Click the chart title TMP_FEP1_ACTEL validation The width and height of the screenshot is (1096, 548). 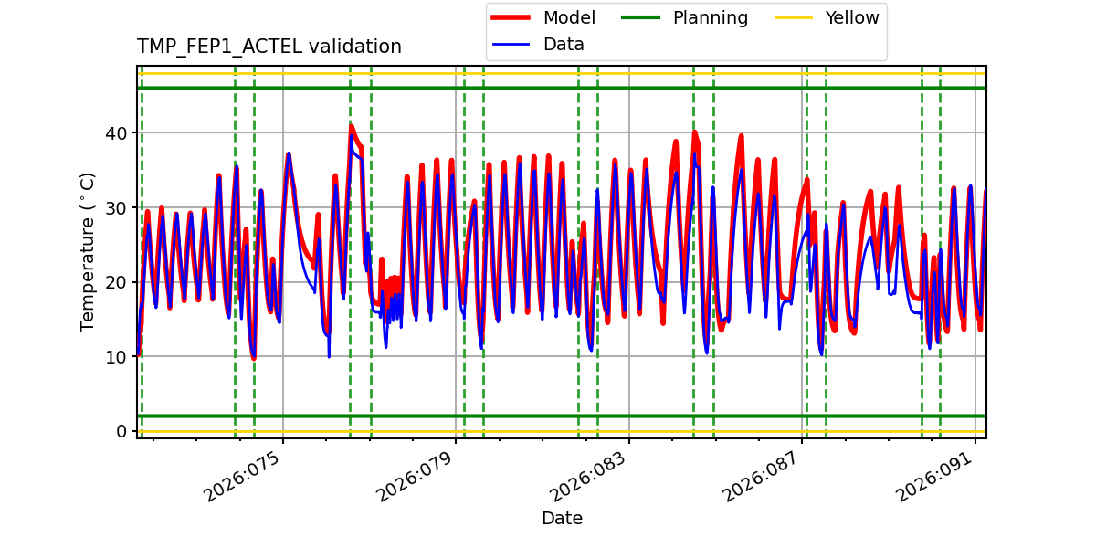pyautogui.click(x=269, y=47)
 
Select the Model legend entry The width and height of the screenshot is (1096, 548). pyautogui.click(x=569, y=17)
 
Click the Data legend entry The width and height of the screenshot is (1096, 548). pyautogui.click(x=564, y=44)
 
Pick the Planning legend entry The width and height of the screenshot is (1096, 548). pyautogui.click(x=710, y=17)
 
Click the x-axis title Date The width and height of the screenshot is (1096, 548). pyautogui.click(x=562, y=519)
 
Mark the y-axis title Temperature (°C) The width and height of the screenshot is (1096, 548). pyautogui.click(x=88, y=251)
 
